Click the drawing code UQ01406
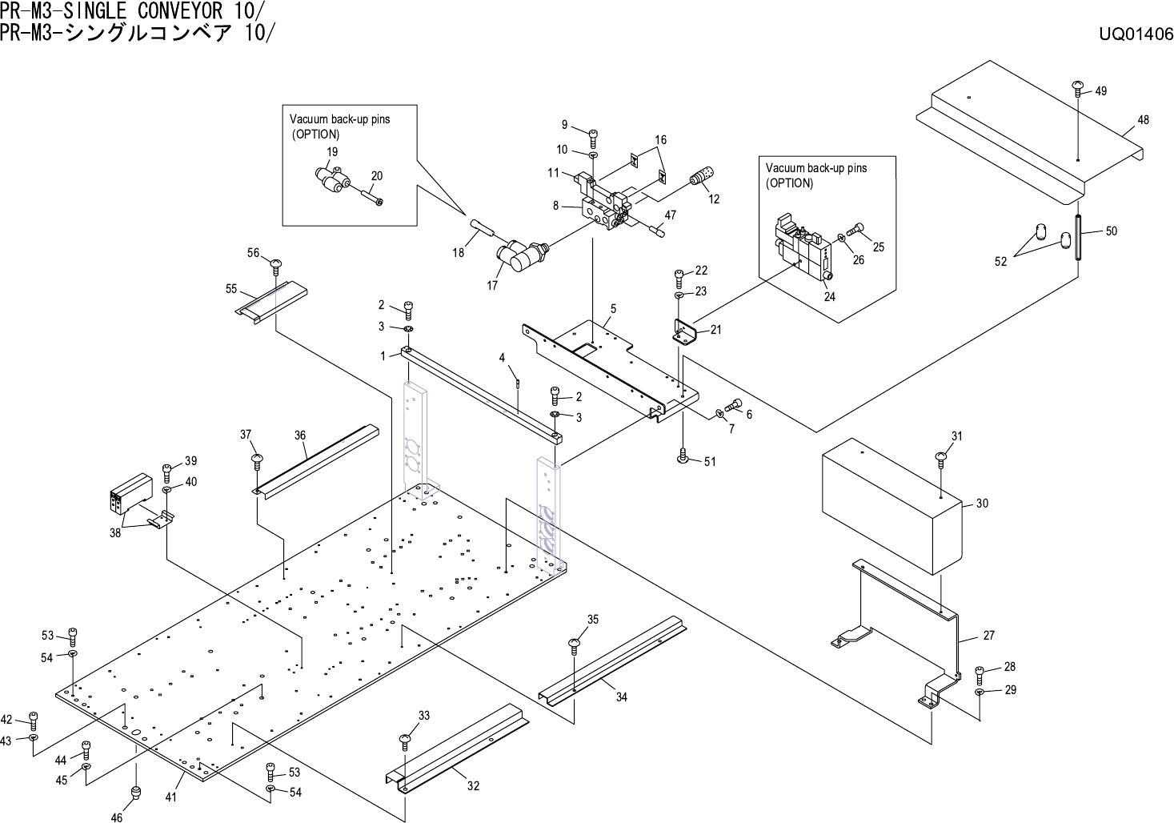1136,35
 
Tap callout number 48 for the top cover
1143,120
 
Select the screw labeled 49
1078,88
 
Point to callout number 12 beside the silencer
714,199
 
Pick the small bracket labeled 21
685,331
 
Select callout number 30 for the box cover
982,504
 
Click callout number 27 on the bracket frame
988,636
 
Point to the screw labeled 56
277,264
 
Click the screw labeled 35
575,643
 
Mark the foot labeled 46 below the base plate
136,793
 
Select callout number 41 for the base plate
170,797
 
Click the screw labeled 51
683,456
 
